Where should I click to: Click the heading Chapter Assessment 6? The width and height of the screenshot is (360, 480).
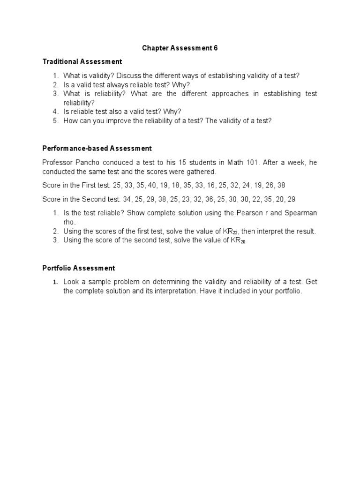pyautogui.click(x=180, y=48)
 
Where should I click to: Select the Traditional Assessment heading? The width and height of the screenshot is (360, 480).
pyautogui.click(x=82, y=61)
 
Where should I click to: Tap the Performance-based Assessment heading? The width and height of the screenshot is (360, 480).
pyautogui.click(x=97, y=148)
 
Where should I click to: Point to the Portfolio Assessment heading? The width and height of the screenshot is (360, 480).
pyautogui.click(x=78, y=268)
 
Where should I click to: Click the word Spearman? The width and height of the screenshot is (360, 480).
pyautogui.click(x=300, y=213)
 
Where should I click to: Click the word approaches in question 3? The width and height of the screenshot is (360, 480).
pyautogui.click(x=226, y=94)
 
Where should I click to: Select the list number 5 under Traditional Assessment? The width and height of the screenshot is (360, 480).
pyautogui.click(x=55, y=120)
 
